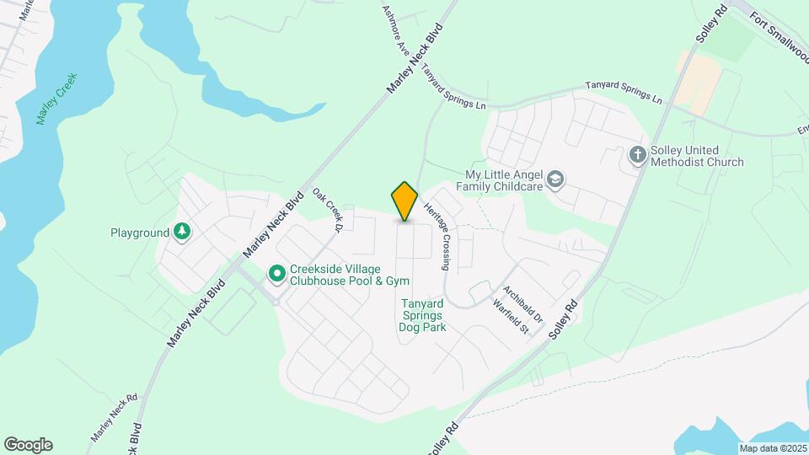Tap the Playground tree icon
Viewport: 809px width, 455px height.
[182, 232]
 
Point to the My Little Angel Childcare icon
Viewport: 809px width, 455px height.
[555, 179]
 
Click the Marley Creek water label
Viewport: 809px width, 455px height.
[57, 99]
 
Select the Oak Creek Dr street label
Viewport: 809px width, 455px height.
[329, 210]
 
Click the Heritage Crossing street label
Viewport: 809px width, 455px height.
[439, 235]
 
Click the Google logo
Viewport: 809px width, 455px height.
[28, 445]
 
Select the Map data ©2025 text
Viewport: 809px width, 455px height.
[772, 448]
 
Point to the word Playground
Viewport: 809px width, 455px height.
[140, 232]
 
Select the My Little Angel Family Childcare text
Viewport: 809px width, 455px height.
[502, 179]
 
